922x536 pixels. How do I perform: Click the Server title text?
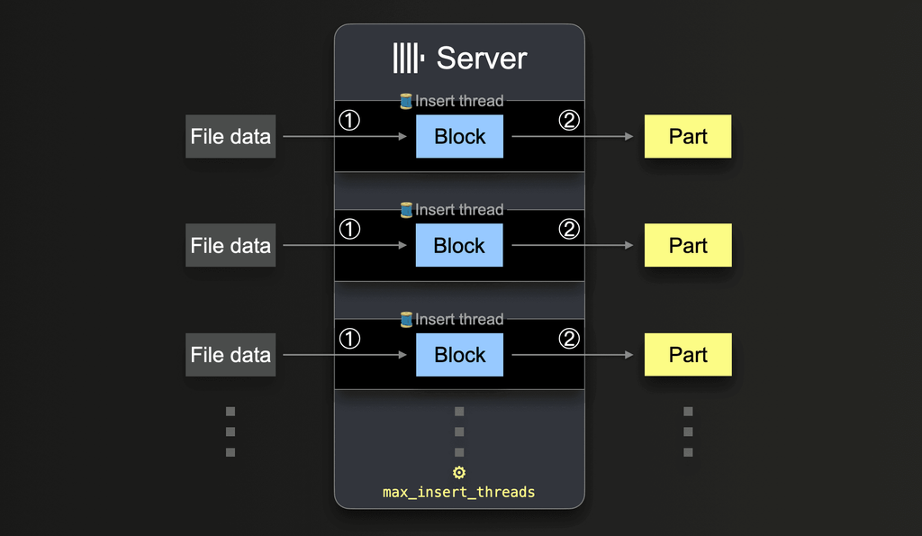(481, 59)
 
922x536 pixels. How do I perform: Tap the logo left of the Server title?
(408, 59)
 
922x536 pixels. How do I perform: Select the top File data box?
(230, 137)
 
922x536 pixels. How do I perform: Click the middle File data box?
(230, 246)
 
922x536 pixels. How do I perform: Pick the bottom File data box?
(230, 355)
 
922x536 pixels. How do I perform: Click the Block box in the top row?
(459, 137)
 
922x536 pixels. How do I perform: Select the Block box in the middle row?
(459, 246)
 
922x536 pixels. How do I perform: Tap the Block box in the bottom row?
(459, 355)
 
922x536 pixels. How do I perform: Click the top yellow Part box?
(688, 137)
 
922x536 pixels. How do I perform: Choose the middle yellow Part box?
(688, 246)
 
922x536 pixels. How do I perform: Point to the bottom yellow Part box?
(688, 355)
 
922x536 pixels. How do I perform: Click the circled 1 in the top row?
(349, 120)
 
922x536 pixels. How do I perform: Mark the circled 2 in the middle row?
(569, 229)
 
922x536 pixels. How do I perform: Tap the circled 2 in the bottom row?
(569, 339)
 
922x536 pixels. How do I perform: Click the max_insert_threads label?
(459, 492)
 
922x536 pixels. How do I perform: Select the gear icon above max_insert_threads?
(459, 473)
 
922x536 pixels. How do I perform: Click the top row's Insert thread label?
(459, 101)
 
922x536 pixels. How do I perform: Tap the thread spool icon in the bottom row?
(406, 319)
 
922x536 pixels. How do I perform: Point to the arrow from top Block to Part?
(573, 137)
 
